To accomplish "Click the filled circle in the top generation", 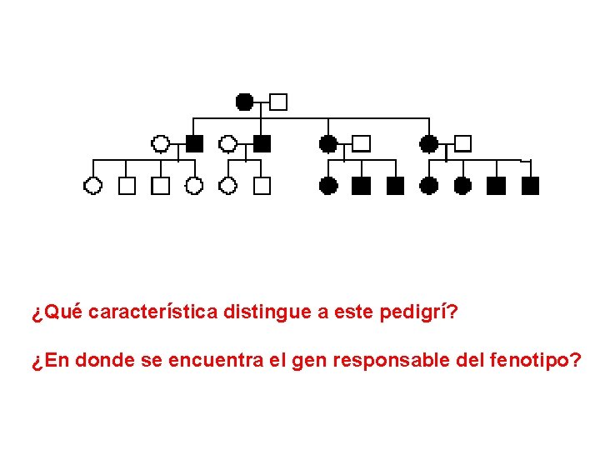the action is click(244, 102).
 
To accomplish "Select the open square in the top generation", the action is click(278, 102).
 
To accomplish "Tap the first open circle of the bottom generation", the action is click(92, 185).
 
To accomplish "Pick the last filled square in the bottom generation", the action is click(530, 185).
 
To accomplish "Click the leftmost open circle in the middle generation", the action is click(160, 143).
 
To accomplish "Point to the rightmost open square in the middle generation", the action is click(462, 143).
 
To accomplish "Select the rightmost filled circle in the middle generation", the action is click(428, 143).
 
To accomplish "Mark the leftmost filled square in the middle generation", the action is click(194, 143).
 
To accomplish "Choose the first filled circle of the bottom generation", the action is click(328, 185).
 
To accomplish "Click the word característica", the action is click(153, 312).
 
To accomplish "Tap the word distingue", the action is click(267, 312).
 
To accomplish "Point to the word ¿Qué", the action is click(57, 312).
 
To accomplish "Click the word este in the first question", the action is click(354, 312).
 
